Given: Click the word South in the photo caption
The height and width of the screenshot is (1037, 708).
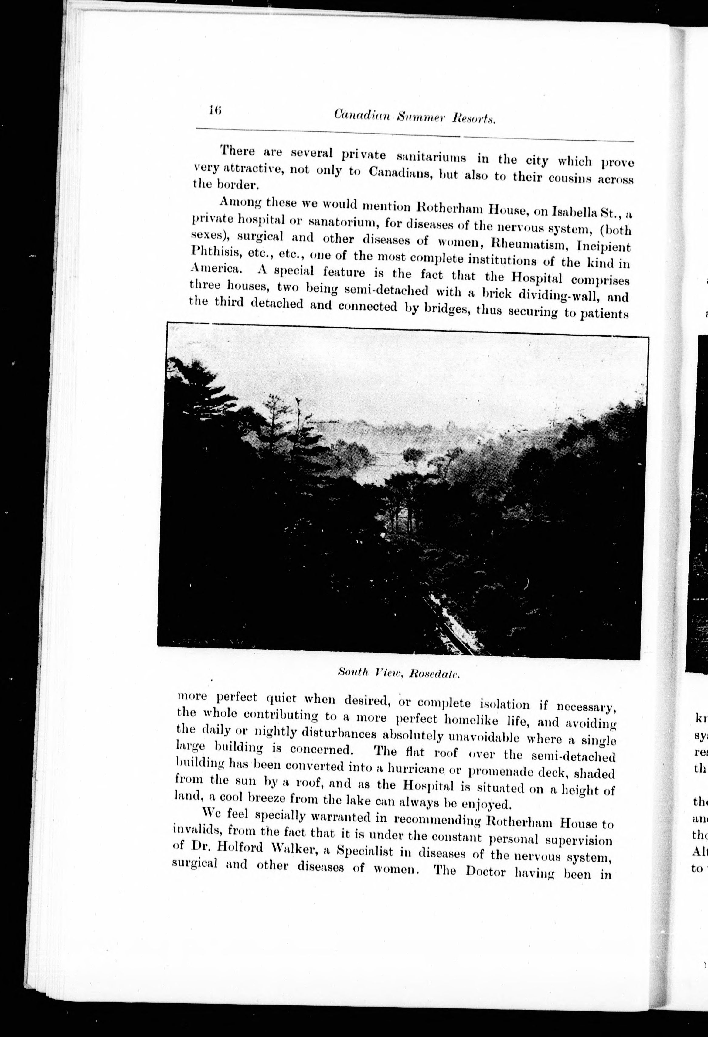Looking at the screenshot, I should [x=352, y=671].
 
